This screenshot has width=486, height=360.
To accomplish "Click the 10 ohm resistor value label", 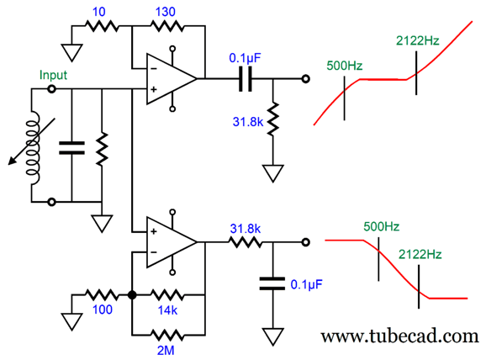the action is (x=99, y=12).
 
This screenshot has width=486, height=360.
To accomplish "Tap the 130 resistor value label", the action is (x=165, y=12).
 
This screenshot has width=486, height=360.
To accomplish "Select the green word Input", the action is (x=53, y=76).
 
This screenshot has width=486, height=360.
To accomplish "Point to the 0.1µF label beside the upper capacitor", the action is (x=245, y=58).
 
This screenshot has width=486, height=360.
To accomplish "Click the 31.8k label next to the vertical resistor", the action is (x=248, y=122).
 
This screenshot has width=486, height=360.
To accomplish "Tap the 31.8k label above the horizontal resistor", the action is (x=246, y=229).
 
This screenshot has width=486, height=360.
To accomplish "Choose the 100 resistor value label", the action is (x=103, y=310).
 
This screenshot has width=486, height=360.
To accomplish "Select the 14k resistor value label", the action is (x=167, y=310).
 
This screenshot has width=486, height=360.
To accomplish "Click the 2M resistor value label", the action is (x=166, y=351).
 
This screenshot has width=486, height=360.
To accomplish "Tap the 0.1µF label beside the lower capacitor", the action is (x=307, y=284).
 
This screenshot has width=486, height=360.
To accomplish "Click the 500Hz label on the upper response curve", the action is (x=345, y=66).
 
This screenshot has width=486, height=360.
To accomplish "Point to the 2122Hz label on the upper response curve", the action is (x=418, y=40).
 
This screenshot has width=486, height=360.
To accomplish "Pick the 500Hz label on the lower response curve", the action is (x=381, y=226).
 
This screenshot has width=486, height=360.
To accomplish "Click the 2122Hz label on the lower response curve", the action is (x=420, y=254).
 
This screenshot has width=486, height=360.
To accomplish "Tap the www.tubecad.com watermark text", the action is (x=400, y=336).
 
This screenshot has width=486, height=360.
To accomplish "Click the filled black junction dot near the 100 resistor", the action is (x=132, y=295).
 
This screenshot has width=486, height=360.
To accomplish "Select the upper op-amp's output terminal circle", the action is (x=306, y=79).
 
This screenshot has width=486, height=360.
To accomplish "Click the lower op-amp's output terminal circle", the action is (x=306, y=242).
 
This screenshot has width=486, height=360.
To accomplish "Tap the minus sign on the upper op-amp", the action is (x=154, y=68).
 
